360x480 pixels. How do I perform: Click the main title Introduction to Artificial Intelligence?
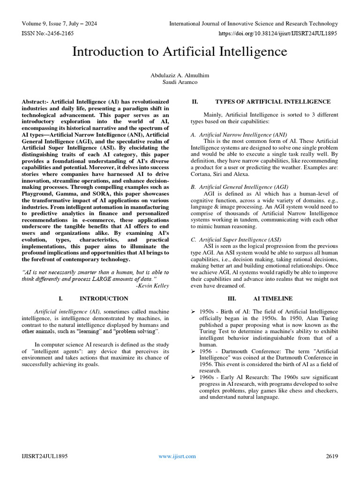click(180, 52)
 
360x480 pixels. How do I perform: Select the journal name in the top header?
click(253, 23)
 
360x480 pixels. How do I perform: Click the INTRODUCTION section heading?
click(104, 298)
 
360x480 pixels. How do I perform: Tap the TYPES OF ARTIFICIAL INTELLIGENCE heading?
click(272, 101)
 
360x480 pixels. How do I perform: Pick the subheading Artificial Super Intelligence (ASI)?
click(242, 239)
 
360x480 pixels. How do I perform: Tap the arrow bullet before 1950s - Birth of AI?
click(193, 312)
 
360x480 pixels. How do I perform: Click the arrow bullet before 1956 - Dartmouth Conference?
click(193, 351)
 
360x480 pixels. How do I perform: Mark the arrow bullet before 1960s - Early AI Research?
click(193, 377)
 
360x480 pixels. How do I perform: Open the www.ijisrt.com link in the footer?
click(177, 456)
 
